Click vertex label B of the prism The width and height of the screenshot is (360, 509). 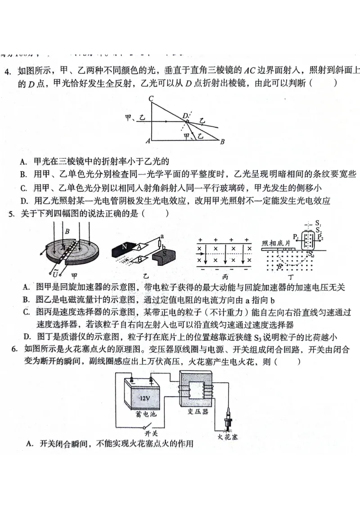[x=222, y=142]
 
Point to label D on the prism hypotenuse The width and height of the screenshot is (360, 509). [x=184, y=116]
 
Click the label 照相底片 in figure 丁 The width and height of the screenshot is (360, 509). [x=276, y=242]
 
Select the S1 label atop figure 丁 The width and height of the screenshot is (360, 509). [x=319, y=223]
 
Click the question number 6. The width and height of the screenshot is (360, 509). [x=14, y=349]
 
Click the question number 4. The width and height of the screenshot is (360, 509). [x=7, y=71]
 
